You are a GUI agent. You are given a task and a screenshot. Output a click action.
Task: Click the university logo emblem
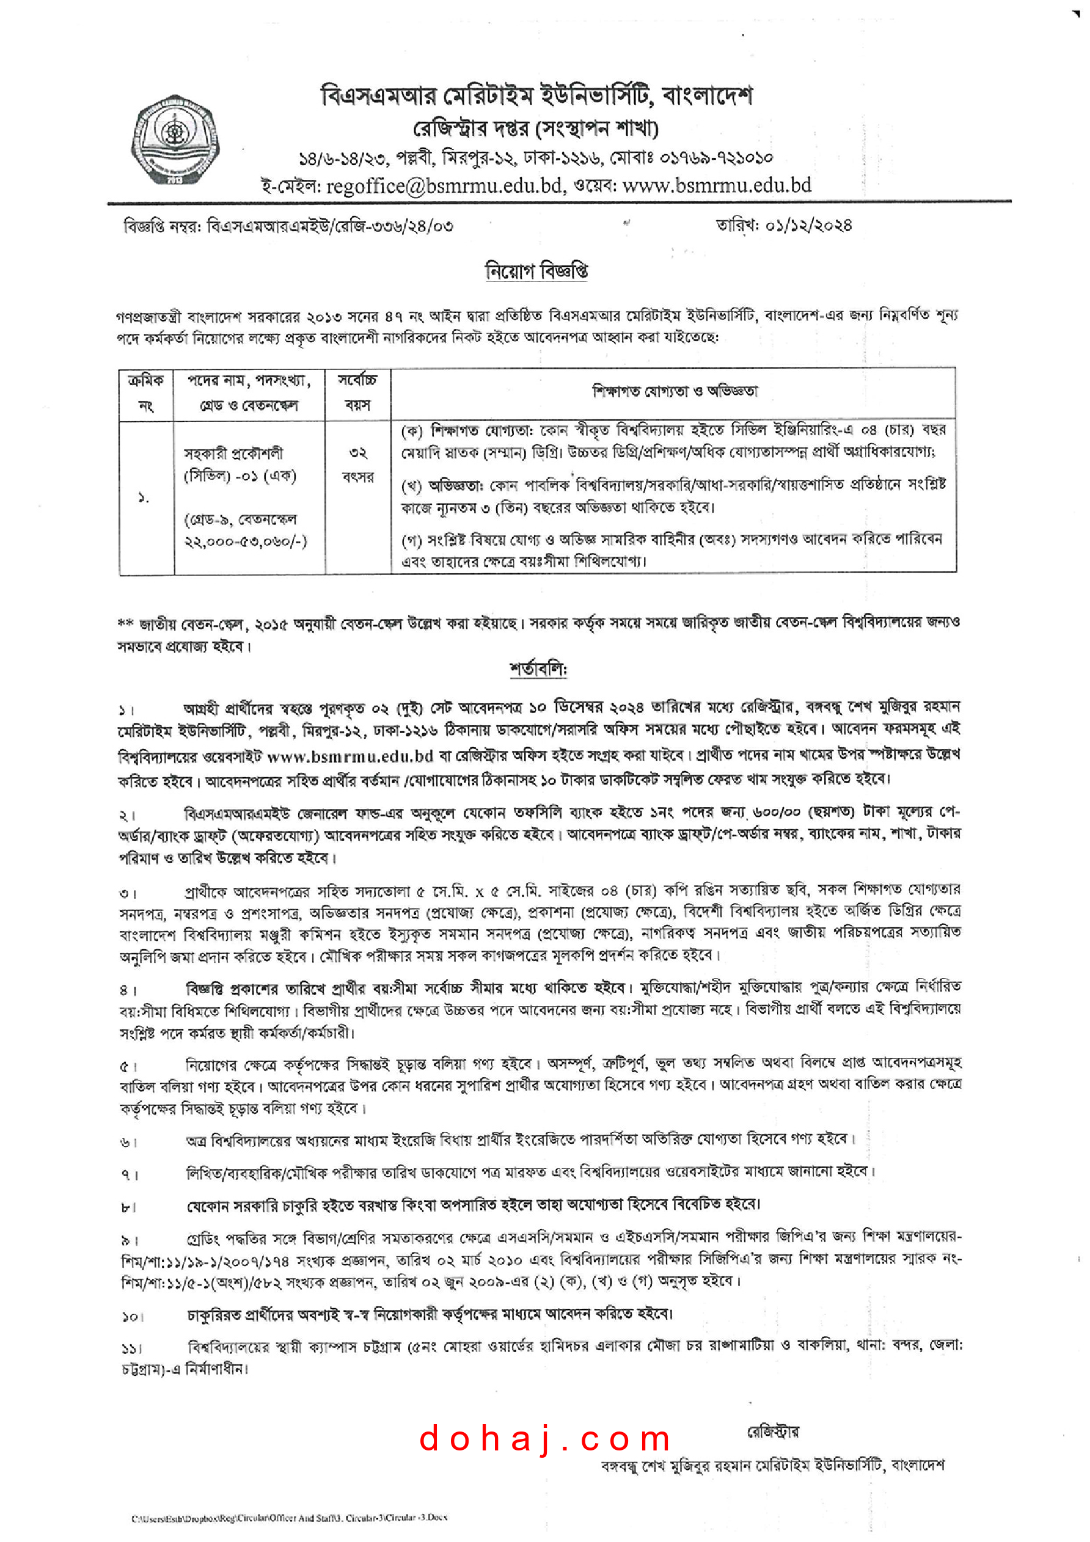tap(175, 139)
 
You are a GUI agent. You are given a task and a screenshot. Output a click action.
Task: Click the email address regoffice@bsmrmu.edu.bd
tap(444, 186)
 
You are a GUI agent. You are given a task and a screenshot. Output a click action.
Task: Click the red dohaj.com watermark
tap(544, 1439)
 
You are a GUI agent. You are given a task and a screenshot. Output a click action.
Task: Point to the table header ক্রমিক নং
tap(146, 393)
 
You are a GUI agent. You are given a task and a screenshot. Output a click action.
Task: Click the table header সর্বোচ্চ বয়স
tap(357, 393)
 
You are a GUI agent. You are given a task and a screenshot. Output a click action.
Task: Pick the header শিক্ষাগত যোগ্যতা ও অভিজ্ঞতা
tap(674, 391)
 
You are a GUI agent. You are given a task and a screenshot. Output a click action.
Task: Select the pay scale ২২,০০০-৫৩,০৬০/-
tap(245, 541)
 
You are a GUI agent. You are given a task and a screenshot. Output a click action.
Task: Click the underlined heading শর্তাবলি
tap(538, 670)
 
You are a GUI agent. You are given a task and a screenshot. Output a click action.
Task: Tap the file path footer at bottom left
tap(289, 1518)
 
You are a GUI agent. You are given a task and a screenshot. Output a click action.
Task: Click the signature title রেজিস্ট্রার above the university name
tap(773, 1432)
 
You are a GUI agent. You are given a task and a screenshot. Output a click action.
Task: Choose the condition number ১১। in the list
tap(132, 1348)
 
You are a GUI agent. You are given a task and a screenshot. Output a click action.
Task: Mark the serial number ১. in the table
tap(143, 498)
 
